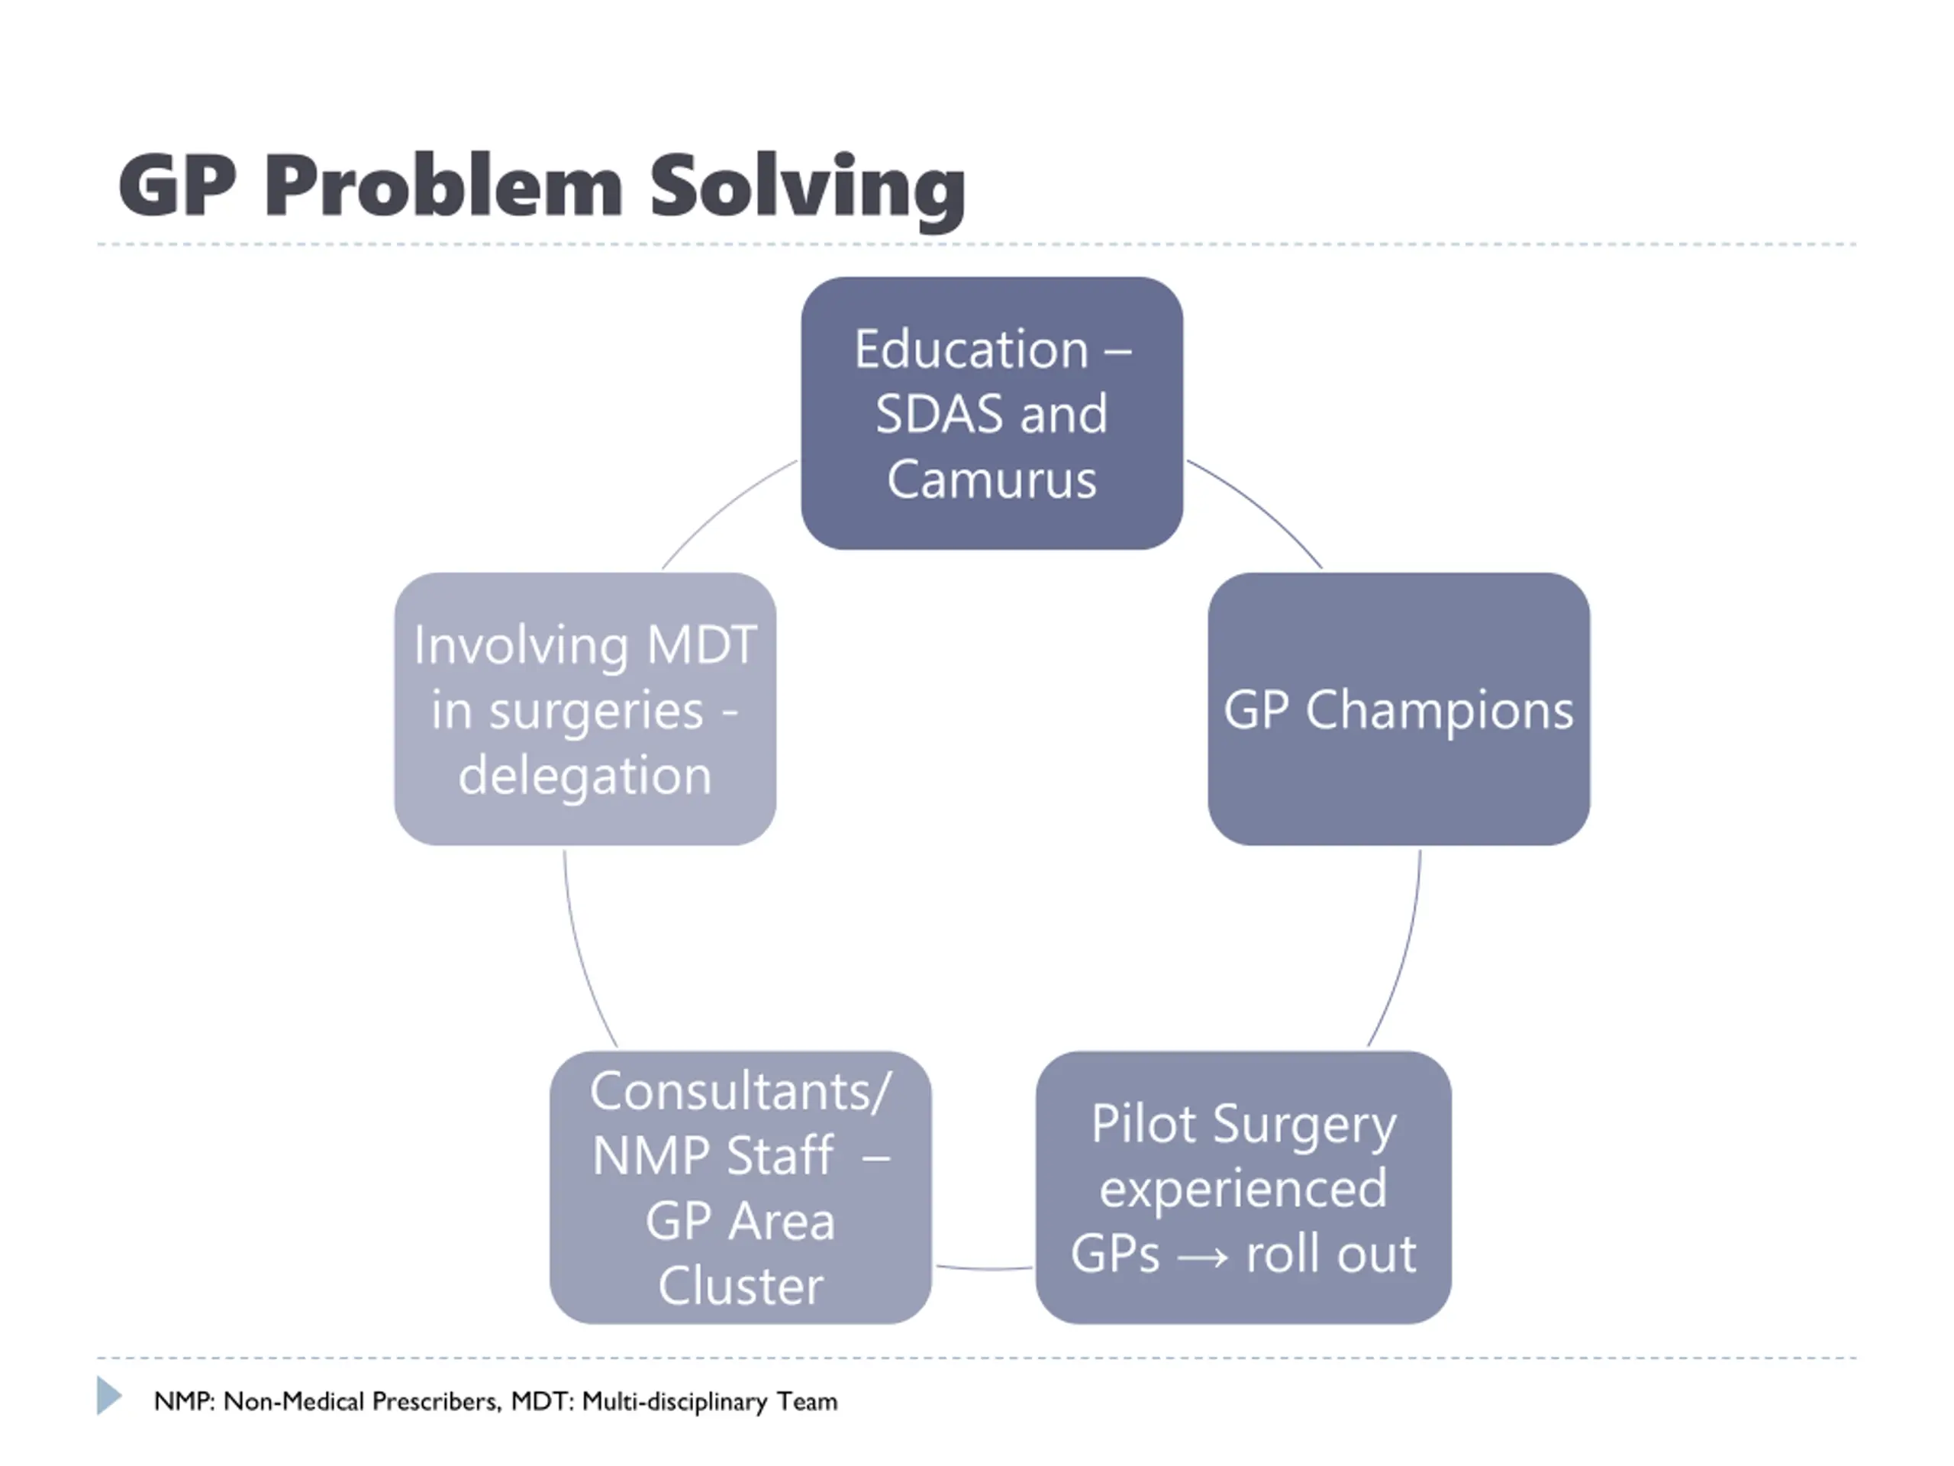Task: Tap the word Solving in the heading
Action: coord(808,187)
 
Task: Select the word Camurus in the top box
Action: coord(992,480)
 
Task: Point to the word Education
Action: coord(971,349)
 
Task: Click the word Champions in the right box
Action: coord(1439,709)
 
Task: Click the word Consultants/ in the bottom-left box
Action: coord(740,1091)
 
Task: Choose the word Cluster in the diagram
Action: coord(740,1286)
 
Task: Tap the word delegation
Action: coord(585,776)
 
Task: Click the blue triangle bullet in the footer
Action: coord(108,1395)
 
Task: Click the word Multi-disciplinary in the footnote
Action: coord(675,1402)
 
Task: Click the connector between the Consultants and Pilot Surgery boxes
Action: coord(983,1269)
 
